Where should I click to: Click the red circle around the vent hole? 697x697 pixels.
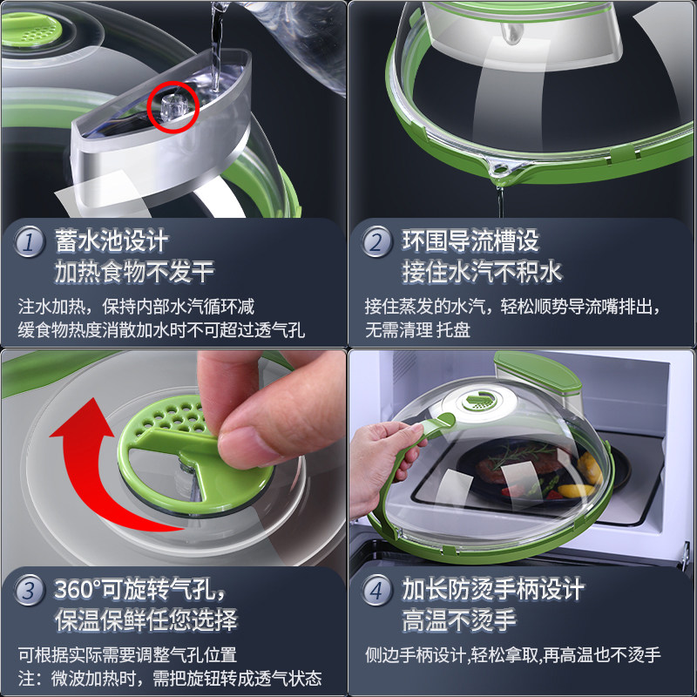[x=173, y=107]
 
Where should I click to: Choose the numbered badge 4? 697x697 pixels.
[x=376, y=591]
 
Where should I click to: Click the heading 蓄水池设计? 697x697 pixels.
[x=111, y=240]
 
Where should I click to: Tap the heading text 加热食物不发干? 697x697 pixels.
[x=135, y=272]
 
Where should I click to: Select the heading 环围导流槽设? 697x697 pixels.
[x=470, y=240]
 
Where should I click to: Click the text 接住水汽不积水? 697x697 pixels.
[x=482, y=272]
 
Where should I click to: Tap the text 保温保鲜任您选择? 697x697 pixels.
[x=145, y=620]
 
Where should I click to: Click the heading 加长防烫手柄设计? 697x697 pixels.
[x=492, y=589]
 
